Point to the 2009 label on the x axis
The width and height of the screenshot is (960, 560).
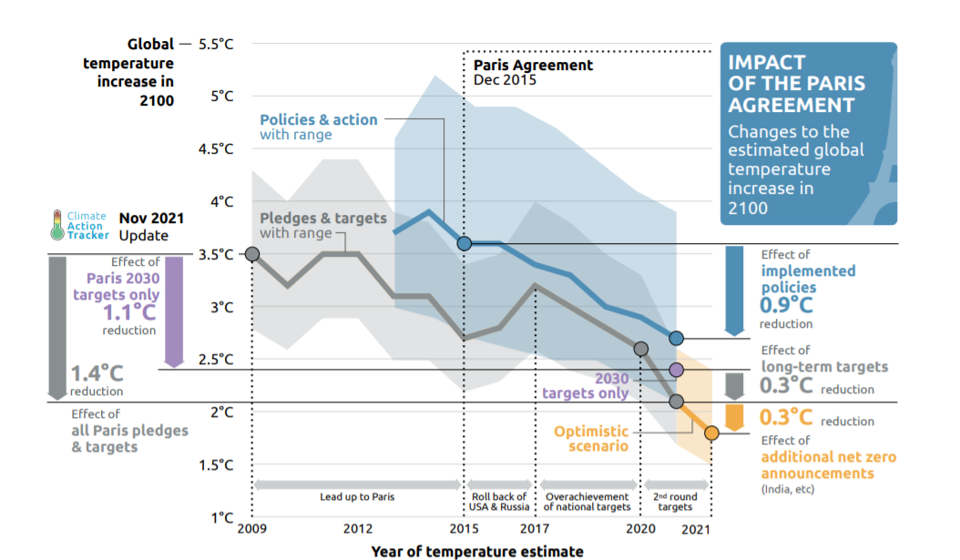(250, 529)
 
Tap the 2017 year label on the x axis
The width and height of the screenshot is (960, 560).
(534, 529)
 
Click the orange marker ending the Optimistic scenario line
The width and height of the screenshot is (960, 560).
(711, 433)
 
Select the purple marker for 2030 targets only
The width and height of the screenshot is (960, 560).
(676, 370)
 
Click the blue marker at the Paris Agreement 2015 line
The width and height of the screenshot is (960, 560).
(464, 243)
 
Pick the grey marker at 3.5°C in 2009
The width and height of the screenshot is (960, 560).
(252, 254)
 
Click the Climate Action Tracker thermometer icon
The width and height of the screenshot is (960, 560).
(58, 225)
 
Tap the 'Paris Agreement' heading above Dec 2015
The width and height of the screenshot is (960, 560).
(533, 66)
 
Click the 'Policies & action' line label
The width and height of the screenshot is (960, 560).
(319, 119)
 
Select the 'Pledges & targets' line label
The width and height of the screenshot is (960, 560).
(323, 219)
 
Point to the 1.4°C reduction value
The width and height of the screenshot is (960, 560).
(97, 373)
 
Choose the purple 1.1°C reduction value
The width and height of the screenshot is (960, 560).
(129, 312)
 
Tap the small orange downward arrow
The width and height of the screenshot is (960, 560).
(733, 418)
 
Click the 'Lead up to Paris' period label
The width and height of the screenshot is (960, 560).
(357, 497)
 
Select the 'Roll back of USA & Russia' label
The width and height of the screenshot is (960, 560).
(499, 502)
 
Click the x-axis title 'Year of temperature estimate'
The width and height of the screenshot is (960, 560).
(477, 551)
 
